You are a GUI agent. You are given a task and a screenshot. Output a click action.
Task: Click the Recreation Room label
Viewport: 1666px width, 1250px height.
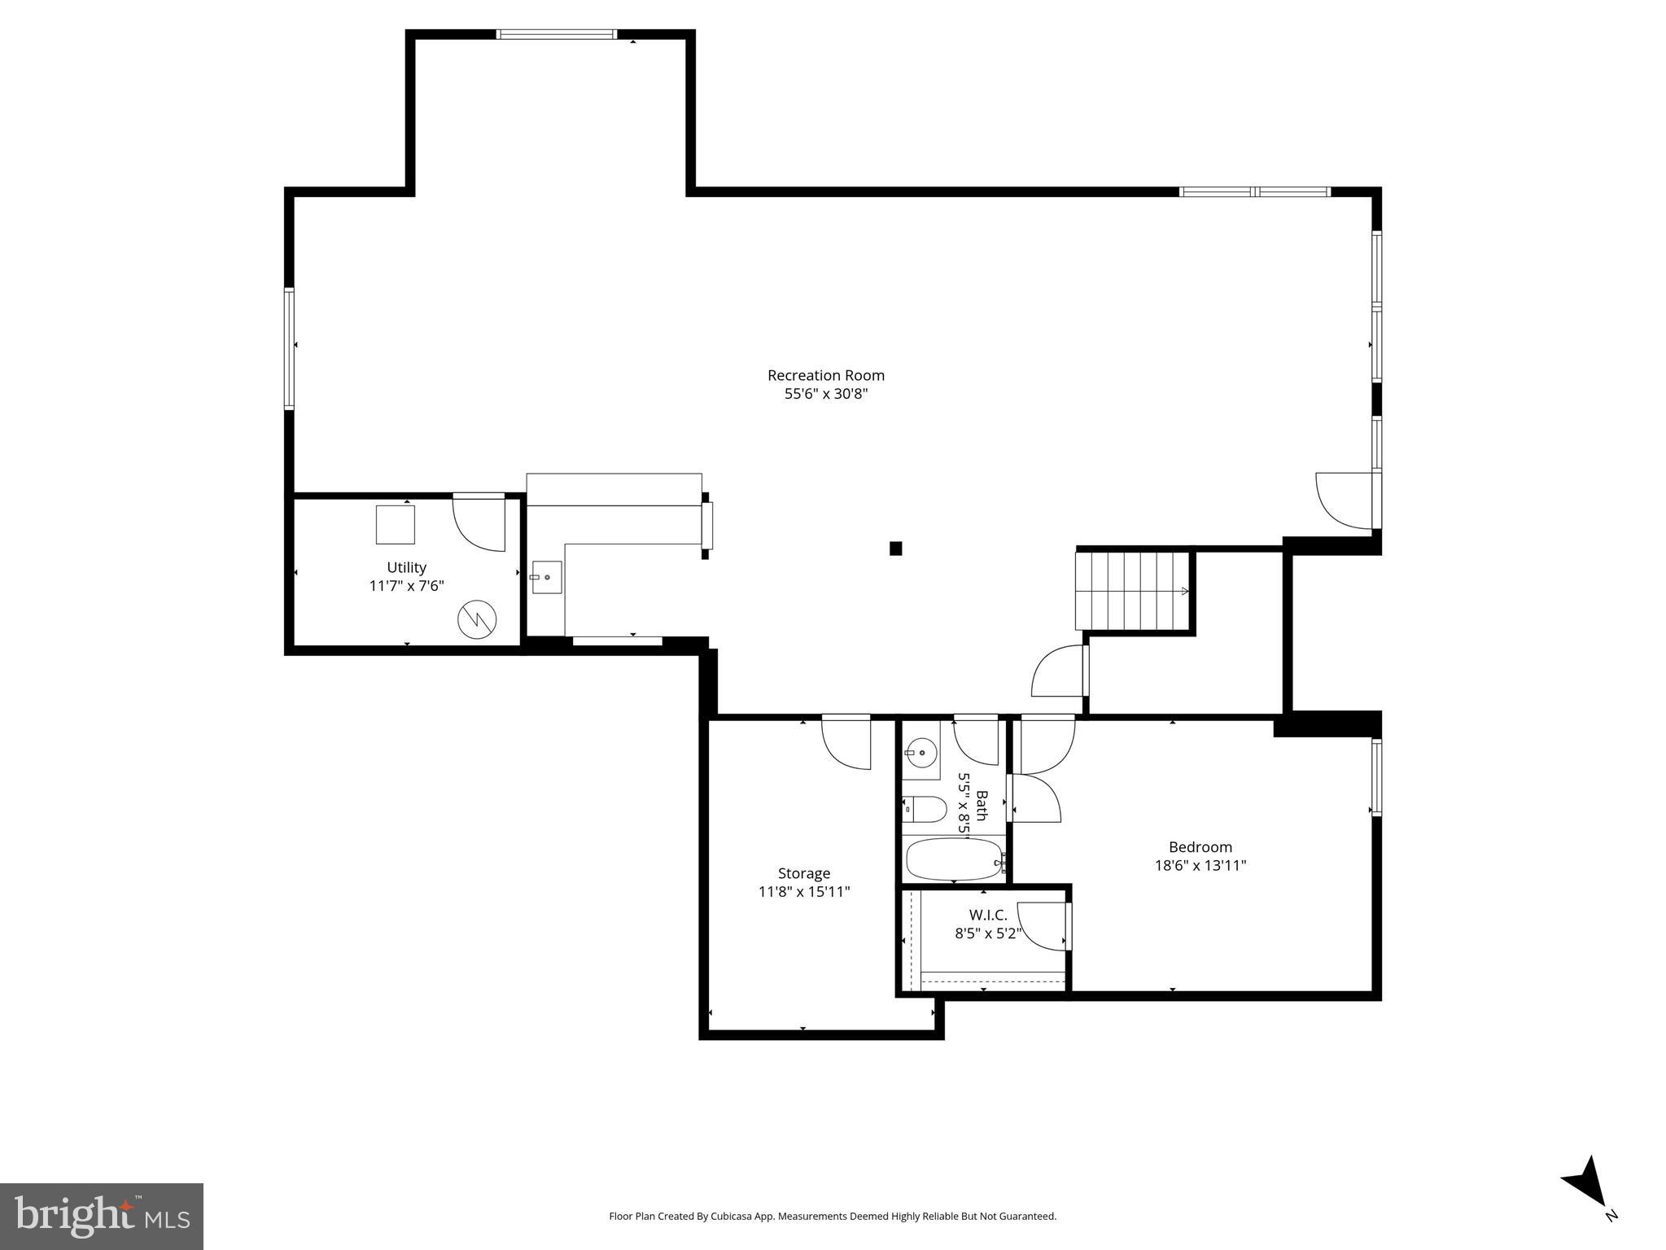point(825,375)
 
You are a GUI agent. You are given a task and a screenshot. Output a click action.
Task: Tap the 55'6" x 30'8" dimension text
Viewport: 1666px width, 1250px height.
point(825,394)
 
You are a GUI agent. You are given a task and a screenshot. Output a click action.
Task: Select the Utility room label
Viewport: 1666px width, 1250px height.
point(406,567)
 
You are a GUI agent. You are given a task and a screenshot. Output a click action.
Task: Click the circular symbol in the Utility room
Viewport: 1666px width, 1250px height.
point(476,618)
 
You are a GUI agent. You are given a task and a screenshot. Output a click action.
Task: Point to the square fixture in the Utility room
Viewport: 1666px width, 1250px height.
point(395,524)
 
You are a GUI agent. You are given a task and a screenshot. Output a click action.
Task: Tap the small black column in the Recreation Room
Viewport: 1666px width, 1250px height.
point(895,549)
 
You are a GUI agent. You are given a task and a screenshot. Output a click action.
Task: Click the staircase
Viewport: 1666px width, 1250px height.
point(1131,591)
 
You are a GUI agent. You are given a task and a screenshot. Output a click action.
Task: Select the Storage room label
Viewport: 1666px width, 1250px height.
point(803,873)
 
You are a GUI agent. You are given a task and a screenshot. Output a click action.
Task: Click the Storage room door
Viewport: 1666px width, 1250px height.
point(846,741)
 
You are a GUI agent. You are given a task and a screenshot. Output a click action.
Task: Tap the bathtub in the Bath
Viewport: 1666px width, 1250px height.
point(954,859)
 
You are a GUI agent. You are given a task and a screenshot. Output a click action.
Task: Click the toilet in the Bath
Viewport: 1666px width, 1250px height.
point(926,809)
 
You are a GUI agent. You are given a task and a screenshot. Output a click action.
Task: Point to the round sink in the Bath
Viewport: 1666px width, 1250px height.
point(920,753)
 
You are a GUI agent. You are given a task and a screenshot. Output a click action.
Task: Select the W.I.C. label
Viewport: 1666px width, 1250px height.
point(987,916)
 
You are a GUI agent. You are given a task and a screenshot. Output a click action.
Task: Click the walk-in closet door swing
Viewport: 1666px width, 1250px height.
point(1042,926)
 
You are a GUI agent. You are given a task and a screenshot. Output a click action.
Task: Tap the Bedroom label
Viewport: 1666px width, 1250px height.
point(1200,847)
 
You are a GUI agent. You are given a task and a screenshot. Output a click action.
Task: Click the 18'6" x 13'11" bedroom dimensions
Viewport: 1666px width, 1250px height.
point(1200,866)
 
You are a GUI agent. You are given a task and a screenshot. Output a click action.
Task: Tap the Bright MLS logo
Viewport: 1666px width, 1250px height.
point(101,1216)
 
